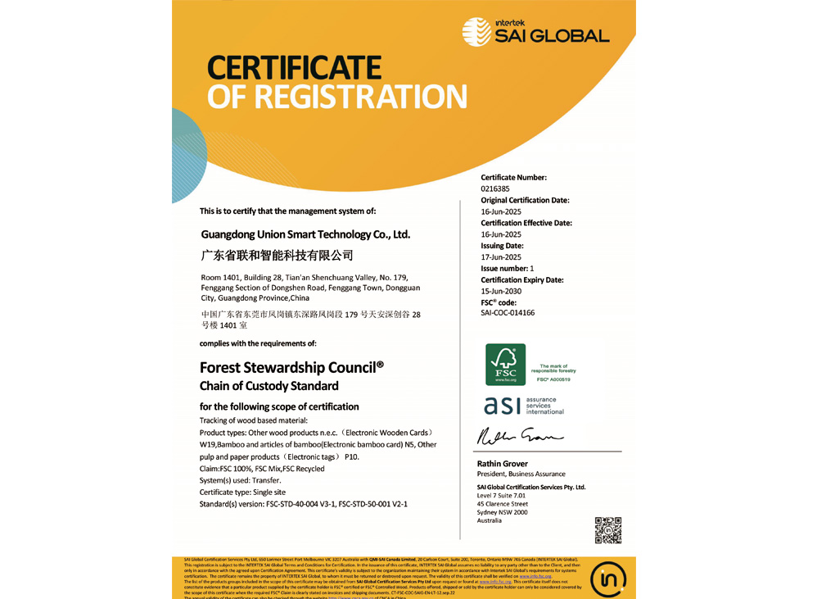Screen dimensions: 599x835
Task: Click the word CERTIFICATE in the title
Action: click(x=294, y=67)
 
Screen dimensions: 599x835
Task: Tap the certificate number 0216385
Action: click(x=494, y=188)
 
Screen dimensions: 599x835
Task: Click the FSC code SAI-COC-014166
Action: click(x=508, y=313)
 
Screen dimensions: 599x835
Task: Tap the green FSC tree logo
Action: click(x=505, y=365)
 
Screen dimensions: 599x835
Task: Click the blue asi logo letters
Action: click(x=500, y=405)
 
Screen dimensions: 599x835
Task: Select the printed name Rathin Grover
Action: click(x=503, y=464)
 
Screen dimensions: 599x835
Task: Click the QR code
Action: click(x=608, y=530)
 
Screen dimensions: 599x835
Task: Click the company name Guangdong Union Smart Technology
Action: click(x=305, y=234)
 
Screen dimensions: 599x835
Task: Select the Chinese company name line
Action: click(x=277, y=256)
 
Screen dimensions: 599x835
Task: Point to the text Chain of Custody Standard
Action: click(x=269, y=386)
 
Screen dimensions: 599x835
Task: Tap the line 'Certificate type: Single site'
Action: click(x=242, y=492)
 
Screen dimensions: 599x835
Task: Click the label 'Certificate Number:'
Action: click(x=513, y=177)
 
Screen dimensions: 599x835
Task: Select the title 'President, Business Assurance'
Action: click(x=521, y=474)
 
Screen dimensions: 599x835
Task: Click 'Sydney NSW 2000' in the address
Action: click(x=502, y=512)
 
